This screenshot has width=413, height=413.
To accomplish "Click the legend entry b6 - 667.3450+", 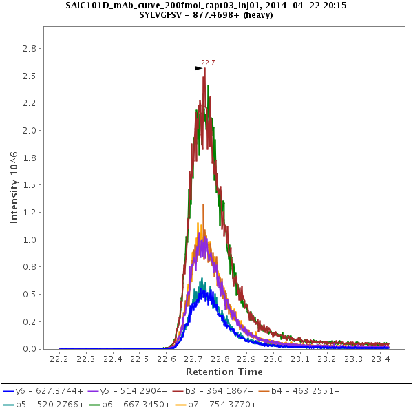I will tap(132, 405).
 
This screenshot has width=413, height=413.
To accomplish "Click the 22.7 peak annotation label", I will tap(208, 63).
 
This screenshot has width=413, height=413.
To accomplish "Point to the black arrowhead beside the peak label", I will tap(198, 67).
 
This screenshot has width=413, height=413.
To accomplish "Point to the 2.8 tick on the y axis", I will tap(30, 48).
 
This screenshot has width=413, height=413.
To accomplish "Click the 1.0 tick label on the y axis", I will tap(30, 240).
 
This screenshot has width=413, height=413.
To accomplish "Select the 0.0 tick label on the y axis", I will tap(30, 349).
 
